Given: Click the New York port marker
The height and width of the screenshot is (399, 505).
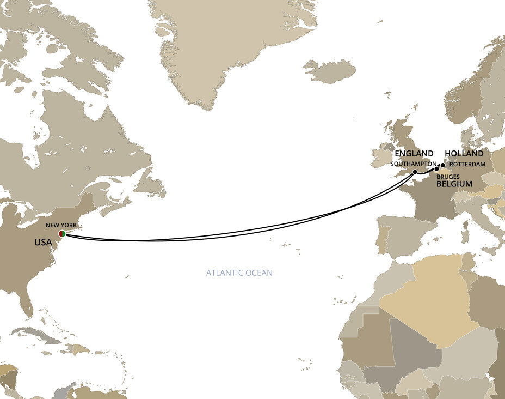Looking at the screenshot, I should point(62,233).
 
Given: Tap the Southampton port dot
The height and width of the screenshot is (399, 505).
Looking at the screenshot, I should point(415,172).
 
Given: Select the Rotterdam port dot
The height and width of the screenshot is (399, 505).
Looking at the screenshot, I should point(442,165).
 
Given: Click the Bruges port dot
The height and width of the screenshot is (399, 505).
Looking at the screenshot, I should point(436,169).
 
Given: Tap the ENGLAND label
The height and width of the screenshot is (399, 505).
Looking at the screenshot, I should point(414,154).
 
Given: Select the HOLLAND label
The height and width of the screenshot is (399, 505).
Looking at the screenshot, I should point(464,154).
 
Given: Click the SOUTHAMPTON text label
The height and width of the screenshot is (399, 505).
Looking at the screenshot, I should point(414,164).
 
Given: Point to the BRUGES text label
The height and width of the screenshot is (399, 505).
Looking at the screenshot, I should point(448,177).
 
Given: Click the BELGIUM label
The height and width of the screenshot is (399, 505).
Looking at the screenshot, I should point(454,185).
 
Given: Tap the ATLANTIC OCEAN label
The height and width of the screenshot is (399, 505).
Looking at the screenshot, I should point(239,273).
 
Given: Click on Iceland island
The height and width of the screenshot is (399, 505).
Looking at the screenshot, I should point(329,71).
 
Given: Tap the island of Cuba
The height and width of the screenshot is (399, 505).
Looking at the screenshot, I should point(38,334).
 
